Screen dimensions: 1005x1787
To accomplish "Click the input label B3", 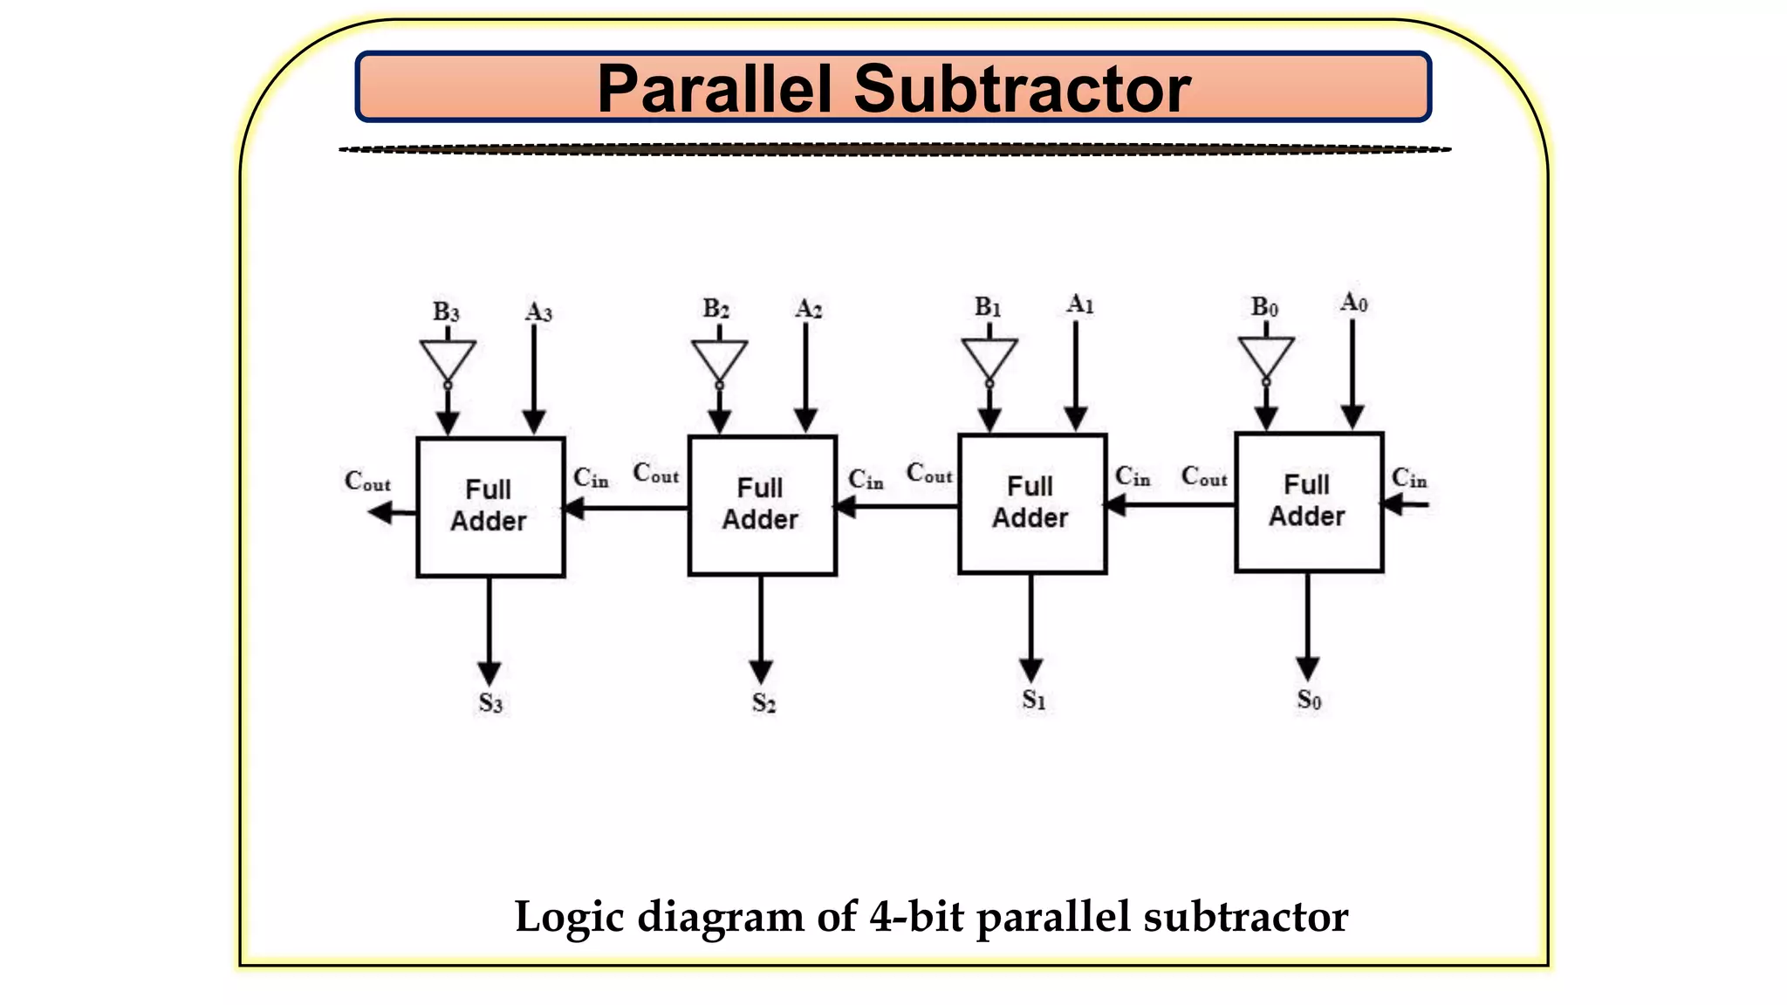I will pos(446,312).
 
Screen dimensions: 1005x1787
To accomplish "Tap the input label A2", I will pos(808,309).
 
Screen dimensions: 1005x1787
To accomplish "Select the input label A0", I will pos(1353,303).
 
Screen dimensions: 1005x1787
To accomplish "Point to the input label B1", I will pos(988,307).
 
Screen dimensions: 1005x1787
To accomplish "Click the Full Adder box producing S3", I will pos(490,507).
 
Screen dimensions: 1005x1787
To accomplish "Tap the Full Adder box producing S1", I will pos(1032,503).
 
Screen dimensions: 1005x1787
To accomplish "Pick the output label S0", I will pos(1309,700).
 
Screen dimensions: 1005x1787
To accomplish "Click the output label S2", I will pos(763,702).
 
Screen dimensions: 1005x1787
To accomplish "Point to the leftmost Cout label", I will pos(367,481).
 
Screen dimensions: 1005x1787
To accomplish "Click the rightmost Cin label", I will pos(1408,478).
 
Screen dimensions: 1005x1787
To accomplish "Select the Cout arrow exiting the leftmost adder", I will pos(392,512).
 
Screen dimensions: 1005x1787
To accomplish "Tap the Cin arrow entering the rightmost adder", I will pos(1406,504).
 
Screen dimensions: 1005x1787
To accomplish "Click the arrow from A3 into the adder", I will pos(534,379).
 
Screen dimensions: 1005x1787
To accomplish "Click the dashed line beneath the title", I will pos(894,150).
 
